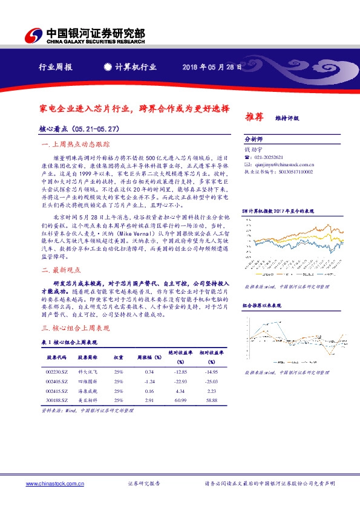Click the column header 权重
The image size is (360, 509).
coord(119,357)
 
